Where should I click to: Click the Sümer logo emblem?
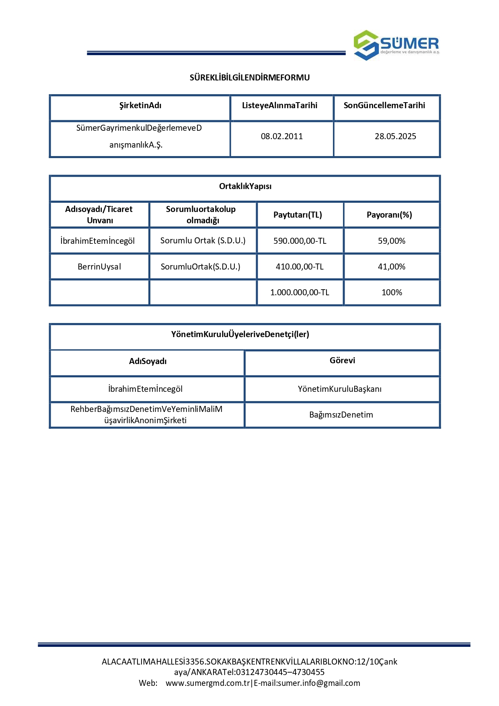pos(366,45)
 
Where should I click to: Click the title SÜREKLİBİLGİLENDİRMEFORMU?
pos(250,78)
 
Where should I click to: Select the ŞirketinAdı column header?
pos(140,105)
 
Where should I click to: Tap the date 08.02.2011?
pos(282,136)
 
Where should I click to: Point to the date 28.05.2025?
pos(395,136)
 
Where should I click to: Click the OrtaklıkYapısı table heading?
pos(245,186)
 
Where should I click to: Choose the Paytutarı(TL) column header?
pos(298,215)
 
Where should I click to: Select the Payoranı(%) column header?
pos(389,215)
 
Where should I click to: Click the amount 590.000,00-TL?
pos(300,241)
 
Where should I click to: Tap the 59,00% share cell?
pos(392,241)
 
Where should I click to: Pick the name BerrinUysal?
pos(99,267)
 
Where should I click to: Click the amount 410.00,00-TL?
pos(300,267)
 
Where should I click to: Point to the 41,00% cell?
pos(392,267)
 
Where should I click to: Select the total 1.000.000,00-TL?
pos(300,292)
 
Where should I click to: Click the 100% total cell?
pos(392,292)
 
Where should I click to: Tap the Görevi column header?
pos(342,360)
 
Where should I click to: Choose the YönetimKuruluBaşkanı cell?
pos(340,389)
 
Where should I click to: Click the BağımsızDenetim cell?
pos(341,415)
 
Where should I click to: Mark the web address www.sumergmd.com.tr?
pos(207,683)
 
